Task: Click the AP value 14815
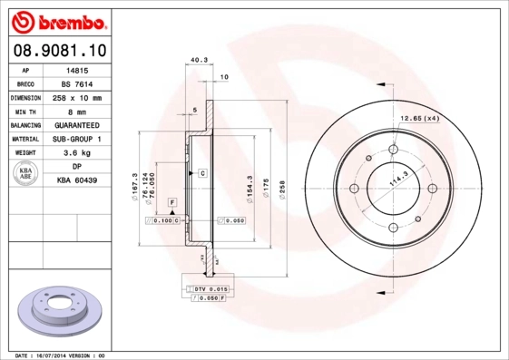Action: [77, 69]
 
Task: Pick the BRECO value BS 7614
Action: [77, 83]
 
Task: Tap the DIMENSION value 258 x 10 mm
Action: [77, 97]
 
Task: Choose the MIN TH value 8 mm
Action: [77, 111]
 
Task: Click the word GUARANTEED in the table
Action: [77, 125]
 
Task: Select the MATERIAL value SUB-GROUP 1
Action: [77, 139]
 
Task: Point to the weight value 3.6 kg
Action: [77, 153]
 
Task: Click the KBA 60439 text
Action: [77, 181]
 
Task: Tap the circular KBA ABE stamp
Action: [24, 174]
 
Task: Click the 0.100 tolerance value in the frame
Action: [164, 220]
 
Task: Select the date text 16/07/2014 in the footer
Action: [64, 355]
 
